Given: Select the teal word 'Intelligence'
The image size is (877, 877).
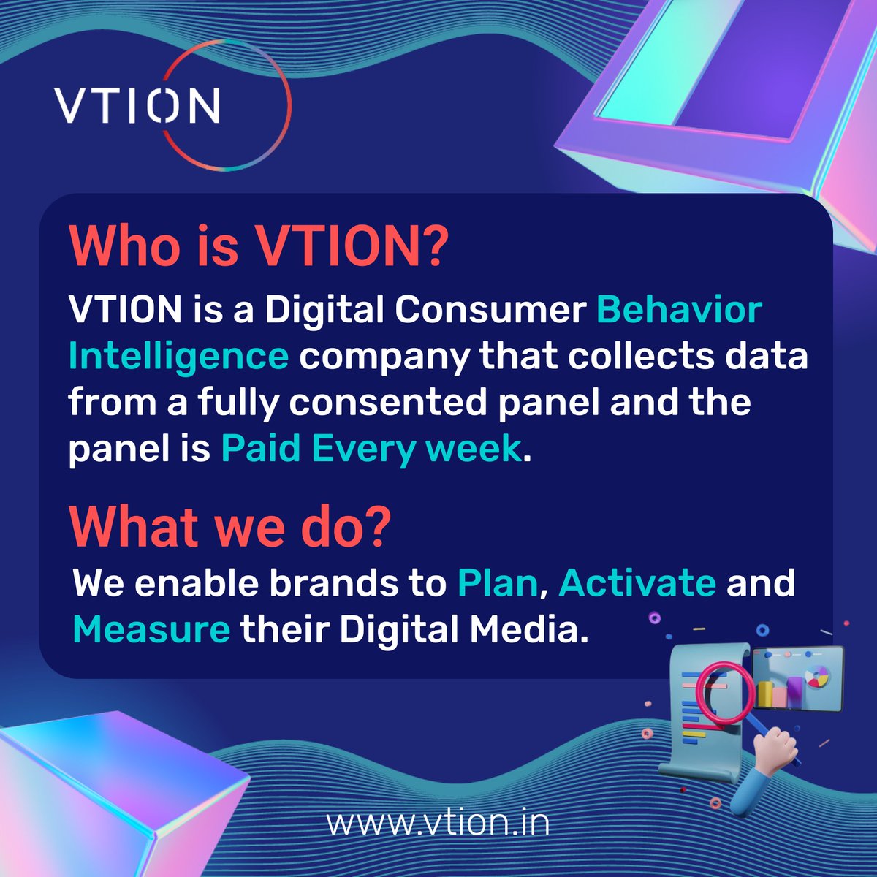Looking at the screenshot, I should pyautogui.click(x=178, y=357).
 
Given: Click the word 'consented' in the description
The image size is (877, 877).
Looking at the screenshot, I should pyautogui.click(x=395, y=403).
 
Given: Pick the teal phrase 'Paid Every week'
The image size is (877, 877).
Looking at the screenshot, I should pyautogui.click(x=371, y=449).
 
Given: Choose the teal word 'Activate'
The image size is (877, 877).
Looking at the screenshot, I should pyautogui.click(x=637, y=584).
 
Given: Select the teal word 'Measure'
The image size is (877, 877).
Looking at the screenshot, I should pyautogui.click(x=152, y=629).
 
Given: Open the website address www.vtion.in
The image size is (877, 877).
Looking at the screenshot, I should pyautogui.click(x=438, y=823).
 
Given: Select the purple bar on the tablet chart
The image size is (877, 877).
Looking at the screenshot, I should pyautogui.click(x=794, y=691).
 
